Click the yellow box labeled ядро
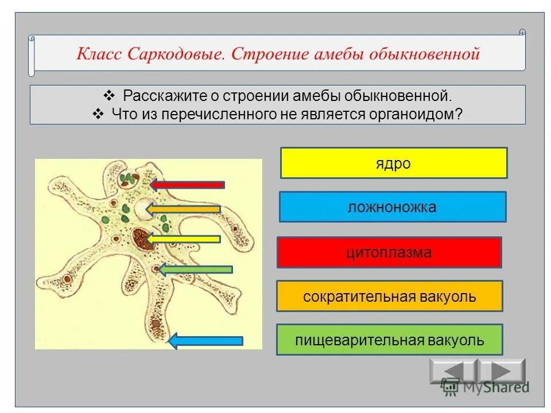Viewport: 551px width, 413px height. (394, 163)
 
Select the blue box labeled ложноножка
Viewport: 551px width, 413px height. (393, 207)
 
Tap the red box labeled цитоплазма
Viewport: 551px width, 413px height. (389, 252)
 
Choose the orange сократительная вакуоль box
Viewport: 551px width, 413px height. (390, 296)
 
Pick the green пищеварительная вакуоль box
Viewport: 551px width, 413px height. (390, 340)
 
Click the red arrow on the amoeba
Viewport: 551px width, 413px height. (188, 185)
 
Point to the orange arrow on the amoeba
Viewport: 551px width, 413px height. (184, 209)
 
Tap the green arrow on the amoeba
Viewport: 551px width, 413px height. (196, 269)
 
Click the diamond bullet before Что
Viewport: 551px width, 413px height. (98, 114)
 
